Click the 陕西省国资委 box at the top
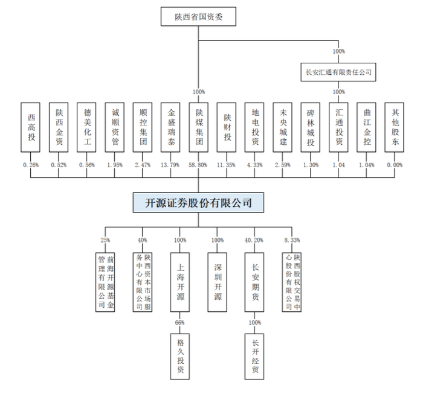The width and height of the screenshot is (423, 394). tap(198, 17)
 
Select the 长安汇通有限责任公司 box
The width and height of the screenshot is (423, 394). tap(338, 72)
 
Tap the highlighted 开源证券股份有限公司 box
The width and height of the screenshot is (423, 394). tap(198, 202)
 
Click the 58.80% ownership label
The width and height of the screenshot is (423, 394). tap(198, 164)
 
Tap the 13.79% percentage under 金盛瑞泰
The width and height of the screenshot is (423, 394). tap(170, 164)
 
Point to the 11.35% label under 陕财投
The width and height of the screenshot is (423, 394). tap(227, 164)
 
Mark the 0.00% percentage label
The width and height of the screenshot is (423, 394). tap(395, 164)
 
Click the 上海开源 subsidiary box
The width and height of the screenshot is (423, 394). tap(180, 282)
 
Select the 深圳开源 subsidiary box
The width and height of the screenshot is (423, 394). tap(218, 282)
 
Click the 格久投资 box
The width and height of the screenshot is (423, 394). tap(180, 355)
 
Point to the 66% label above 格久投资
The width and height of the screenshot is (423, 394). tap(180, 323)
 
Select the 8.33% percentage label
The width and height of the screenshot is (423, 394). tap(292, 240)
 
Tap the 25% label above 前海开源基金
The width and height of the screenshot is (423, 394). tap(105, 240)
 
